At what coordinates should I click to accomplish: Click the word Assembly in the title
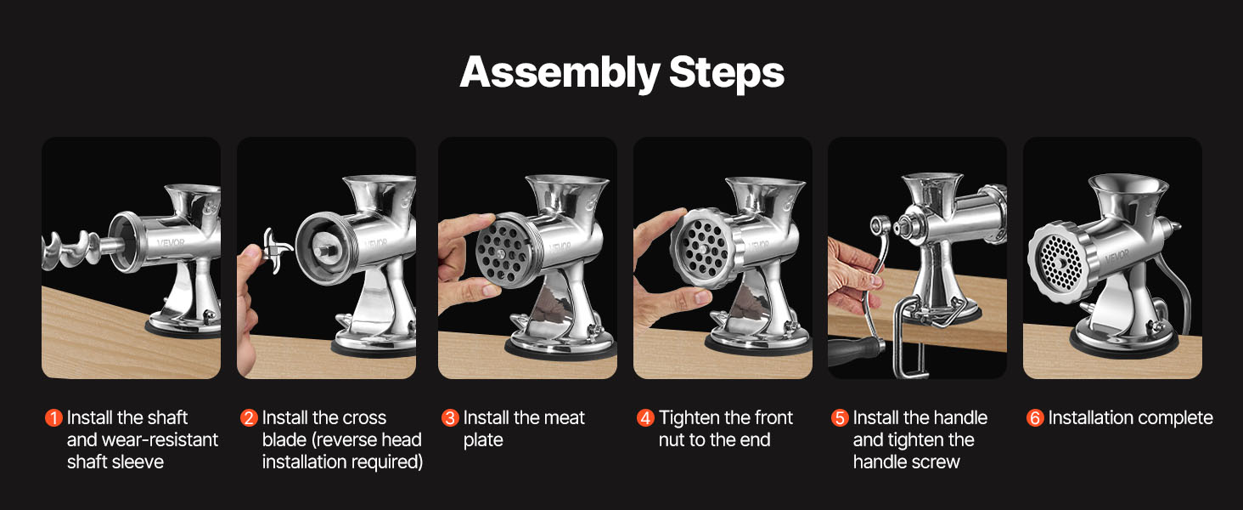point(560,73)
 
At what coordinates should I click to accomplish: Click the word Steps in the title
point(727,73)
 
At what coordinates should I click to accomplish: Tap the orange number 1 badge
point(53,418)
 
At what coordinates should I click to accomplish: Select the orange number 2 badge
point(249,418)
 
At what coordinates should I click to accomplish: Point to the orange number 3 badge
point(450,418)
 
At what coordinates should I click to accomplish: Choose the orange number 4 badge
point(645,418)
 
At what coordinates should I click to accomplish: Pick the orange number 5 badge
point(840,418)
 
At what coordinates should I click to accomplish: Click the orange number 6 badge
point(1035,418)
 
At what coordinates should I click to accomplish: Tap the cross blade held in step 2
point(276,251)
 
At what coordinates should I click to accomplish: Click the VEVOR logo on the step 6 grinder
point(1116,256)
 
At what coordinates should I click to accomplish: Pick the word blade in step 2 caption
point(284,440)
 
